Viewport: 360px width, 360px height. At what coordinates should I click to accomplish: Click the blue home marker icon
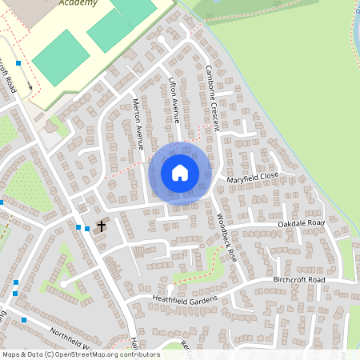(180, 172)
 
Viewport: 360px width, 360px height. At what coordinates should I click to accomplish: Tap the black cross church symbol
(101, 226)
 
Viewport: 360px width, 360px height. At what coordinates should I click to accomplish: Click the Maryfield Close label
(252, 178)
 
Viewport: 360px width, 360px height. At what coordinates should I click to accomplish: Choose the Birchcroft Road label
(299, 280)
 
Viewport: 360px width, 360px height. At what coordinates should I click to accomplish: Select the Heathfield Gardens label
(186, 298)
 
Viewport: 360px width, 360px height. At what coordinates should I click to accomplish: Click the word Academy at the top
(78, 3)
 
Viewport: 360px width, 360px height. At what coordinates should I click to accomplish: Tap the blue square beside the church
(86, 229)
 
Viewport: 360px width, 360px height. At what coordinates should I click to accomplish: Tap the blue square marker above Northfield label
(24, 320)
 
